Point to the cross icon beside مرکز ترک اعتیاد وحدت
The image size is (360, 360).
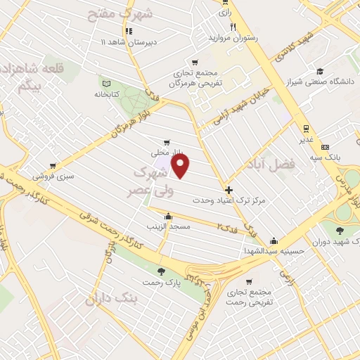tap(229, 190)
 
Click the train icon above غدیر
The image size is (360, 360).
tap(306, 128)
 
